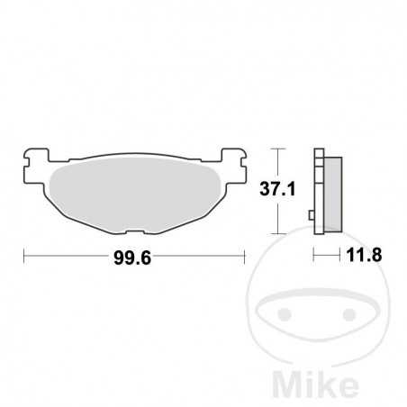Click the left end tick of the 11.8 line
tap(313, 255)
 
